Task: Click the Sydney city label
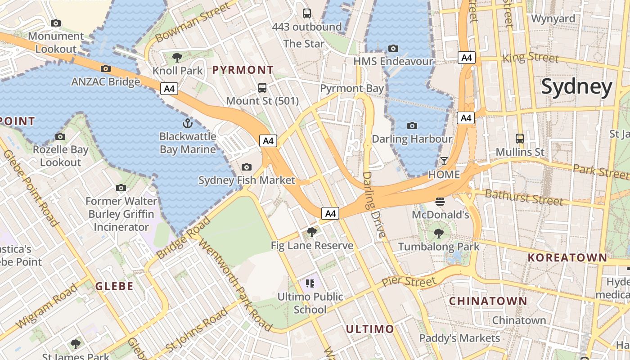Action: coord(576,87)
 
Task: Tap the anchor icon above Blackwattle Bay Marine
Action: coord(187,123)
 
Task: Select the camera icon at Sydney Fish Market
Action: coord(246,167)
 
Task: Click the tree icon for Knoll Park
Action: coord(177,57)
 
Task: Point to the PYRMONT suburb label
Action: coord(243,70)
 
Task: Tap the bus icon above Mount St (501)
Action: coord(262,88)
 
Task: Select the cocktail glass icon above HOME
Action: coord(444,161)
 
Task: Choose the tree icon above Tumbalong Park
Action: coord(439,233)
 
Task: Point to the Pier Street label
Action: coord(409,282)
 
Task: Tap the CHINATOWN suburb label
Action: coord(488,301)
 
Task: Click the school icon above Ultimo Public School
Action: coord(310,283)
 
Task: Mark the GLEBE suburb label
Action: coord(114,286)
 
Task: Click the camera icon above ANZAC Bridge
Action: coord(106,68)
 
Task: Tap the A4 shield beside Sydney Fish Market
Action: coord(268,141)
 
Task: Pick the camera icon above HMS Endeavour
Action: coord(393,48)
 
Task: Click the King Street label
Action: coord(531,58)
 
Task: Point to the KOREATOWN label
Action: coord(567,258)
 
